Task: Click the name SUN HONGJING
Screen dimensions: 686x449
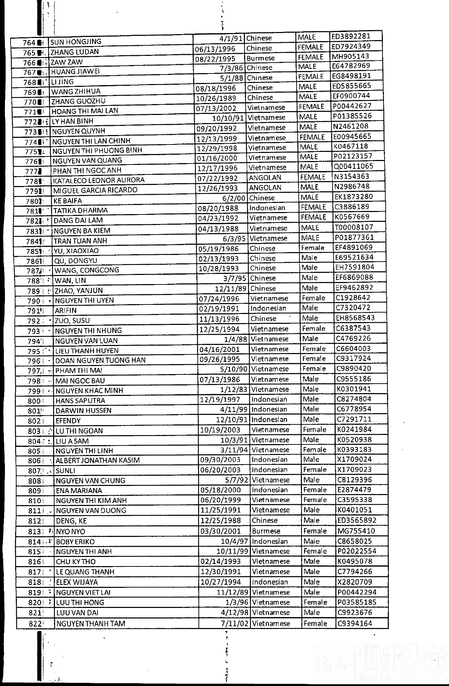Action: [x=76, y=42]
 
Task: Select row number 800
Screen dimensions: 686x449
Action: [x=34, y=401]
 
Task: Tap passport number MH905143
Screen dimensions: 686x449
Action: [x=350, y=56]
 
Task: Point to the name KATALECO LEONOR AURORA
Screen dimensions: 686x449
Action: [x=99, y=180]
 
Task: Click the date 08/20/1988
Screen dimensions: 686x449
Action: [x=218, y=208]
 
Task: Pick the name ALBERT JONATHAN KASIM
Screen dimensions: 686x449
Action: [x=98, y=460]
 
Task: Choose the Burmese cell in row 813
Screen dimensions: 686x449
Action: [x=266, y=531]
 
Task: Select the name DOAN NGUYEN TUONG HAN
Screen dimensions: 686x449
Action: [x=100, y=360]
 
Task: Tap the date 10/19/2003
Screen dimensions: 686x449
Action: [x=220, y=430]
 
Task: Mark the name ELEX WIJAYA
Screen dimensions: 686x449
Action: [x=77, y=582]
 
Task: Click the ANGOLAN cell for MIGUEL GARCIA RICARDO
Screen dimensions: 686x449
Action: [x=265, y=187]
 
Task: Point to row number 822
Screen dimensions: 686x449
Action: [x=34, y=624]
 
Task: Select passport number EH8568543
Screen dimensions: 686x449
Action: [x=355, y=318]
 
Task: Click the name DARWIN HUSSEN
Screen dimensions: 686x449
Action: [x=83, y=410]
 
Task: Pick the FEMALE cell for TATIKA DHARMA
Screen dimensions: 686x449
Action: [x=313, y=207]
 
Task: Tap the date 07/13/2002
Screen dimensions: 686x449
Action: [x=216, y=108]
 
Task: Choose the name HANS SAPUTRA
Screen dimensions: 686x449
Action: [x=80, y=400]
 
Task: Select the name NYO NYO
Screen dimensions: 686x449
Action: [x=70, y=531]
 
